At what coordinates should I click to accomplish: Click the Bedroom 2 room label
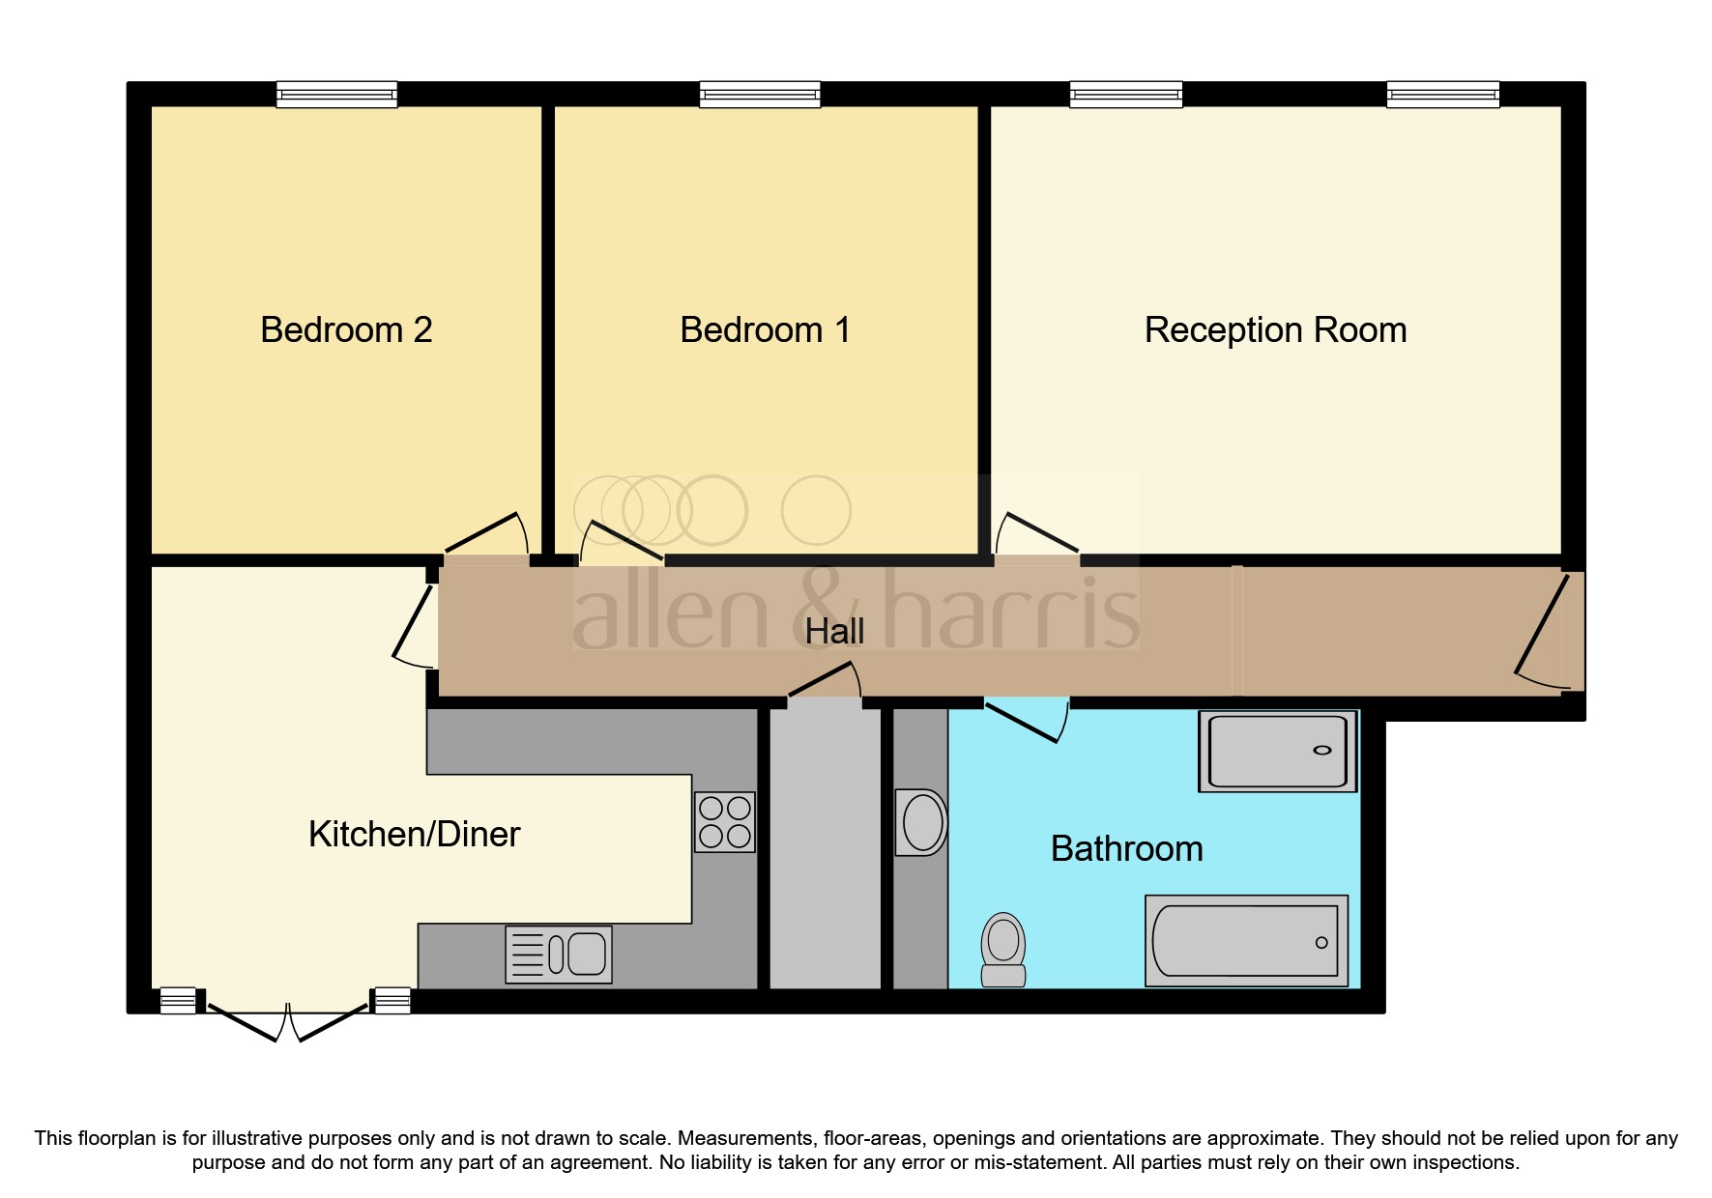point(346,330)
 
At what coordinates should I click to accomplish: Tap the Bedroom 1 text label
point(765,330)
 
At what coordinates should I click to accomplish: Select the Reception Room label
point(1274,330)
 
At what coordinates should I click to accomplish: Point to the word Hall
point(834,632)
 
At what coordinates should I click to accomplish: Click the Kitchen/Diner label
point(414,835)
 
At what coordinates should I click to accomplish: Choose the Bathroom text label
point(1126,849)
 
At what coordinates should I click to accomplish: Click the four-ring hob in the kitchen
point(725,822)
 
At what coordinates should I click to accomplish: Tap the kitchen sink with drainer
point(559,955)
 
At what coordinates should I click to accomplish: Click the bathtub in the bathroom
point(1246,941)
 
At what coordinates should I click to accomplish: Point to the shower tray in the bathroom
point(1277,752)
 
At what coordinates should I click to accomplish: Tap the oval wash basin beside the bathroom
point(922,823)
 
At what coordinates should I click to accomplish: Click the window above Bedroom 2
point(336,95)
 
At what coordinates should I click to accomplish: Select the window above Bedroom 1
point(760,95)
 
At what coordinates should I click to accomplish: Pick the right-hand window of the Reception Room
point(1442,95)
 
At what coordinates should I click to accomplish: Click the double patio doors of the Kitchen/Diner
point(288,1022)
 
